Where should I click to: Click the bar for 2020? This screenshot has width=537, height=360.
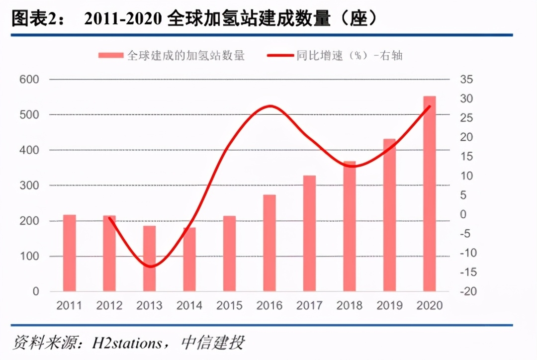(x=429, y=194)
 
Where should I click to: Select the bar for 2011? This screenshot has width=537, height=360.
(x=70, y=253)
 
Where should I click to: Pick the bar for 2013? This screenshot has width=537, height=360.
(x=150, y=259)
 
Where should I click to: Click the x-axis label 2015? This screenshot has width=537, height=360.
(x=229, y=305)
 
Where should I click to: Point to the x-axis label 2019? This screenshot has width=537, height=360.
(x=389, y=305)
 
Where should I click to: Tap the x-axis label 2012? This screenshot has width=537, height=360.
(x=109, y=305)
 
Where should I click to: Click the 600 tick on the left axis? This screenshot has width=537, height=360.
(x=29, y=80)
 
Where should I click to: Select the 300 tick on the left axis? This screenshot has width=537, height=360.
(x=29, y=185)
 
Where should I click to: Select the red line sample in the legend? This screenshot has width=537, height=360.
(x=280, y=55)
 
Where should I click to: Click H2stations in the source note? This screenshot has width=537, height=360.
(x=127, y=343)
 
